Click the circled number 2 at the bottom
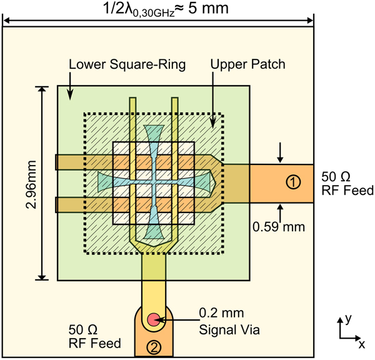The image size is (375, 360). tap(152, 346)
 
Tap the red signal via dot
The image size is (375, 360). tap(152, 320)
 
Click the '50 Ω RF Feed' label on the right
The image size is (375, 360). tap(347, 182)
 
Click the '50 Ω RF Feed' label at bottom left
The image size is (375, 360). tap(94, 335)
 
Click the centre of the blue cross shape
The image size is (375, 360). tap(153, 182)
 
